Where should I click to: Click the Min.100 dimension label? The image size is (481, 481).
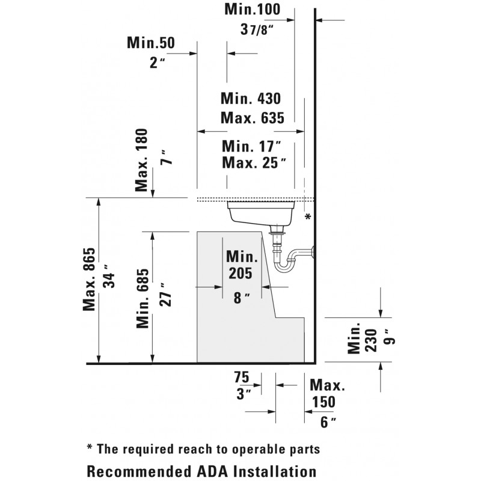click(252, 9)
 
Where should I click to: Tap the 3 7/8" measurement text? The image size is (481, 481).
click(257, 29)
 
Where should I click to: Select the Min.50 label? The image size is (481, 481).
click(151, 43)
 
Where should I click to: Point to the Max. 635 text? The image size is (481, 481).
click(253, 118)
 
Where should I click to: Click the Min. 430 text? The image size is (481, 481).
click(251, 99)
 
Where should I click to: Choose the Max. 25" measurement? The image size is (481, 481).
click(254, 162)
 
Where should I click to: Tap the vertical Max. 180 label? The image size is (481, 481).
click(141, 160)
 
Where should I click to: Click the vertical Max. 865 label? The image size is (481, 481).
click(89, 279)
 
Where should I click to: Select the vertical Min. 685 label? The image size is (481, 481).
click(142, 298)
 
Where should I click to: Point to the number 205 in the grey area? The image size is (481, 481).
click(240, 274)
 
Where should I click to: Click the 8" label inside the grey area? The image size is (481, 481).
click(242, 298)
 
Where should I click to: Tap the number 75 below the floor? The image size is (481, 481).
click(242, 378)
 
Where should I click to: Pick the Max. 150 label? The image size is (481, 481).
click(327, 393)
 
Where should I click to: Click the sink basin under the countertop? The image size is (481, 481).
click(261, 213)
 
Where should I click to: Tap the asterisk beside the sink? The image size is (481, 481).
click(308, 216)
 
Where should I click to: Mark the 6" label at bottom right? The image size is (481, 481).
click(328, 423)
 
